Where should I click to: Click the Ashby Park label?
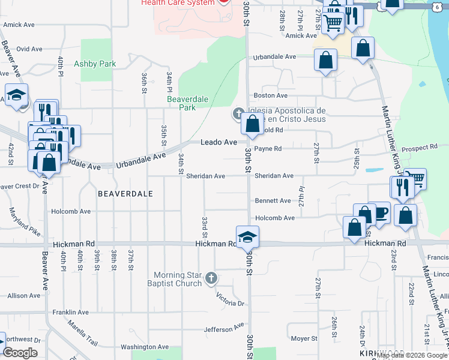[95, 64]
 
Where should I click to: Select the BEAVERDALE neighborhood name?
[125, 194]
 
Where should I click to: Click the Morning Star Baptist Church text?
[179, 280]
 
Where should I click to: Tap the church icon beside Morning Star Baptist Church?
[210, 278]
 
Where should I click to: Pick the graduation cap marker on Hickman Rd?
[247, 237]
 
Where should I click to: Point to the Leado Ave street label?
[218, 142]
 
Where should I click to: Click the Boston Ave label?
[271, 95]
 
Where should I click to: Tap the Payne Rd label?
[268, 148]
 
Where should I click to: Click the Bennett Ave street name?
[273, 200]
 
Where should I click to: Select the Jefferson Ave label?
[224, 329]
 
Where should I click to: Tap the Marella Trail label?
[82, 341]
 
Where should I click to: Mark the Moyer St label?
[304, 338]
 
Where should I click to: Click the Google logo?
[20, 353]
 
